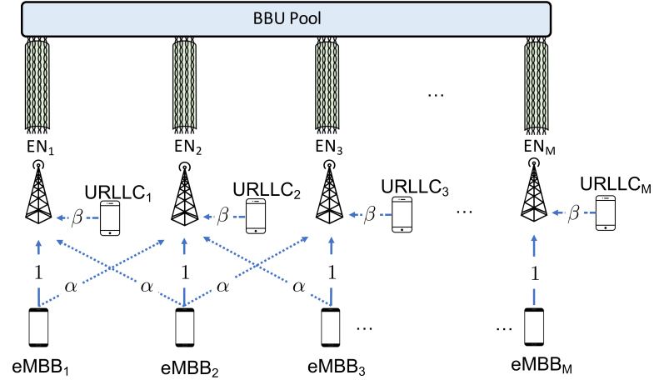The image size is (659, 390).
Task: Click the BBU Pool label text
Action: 287,18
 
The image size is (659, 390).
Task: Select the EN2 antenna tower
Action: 184,193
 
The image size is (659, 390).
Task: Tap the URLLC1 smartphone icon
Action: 110,218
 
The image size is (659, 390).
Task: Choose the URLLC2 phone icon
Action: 256,216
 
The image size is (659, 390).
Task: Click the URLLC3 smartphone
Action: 402,214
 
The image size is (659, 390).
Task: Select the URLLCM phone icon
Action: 606,213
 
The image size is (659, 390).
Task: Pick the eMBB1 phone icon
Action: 38,327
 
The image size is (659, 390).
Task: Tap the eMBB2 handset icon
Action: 184,327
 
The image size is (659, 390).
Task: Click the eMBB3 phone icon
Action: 331,327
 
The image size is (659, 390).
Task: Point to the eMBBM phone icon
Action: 534,327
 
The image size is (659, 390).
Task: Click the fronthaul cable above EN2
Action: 184,83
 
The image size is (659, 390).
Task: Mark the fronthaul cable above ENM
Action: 537,83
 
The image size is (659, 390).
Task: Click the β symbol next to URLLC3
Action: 370,214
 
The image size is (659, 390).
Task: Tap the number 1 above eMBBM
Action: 535,274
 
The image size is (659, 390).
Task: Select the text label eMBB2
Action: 190,368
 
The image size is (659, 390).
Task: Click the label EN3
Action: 329,147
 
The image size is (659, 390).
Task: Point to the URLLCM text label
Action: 616,184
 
